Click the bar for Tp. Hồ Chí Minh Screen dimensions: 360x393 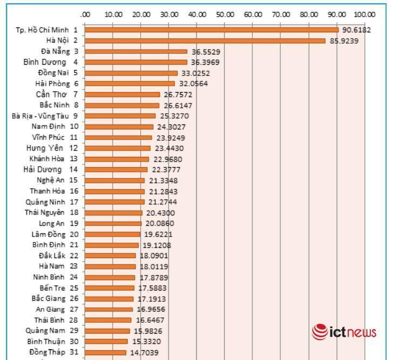point(211,30)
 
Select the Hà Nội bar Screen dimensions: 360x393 point(205,40)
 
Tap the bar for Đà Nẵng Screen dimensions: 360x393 point(136,51)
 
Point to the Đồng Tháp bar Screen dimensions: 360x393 point(106,352)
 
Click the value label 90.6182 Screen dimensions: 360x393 point(356,30)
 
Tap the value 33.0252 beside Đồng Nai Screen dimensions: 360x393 point(195,73)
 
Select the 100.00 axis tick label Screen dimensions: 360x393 point(365,15)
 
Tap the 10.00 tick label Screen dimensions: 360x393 point(113,15)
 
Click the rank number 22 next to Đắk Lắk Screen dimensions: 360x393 point(74,255)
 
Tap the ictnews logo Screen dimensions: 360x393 point(343,331)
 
